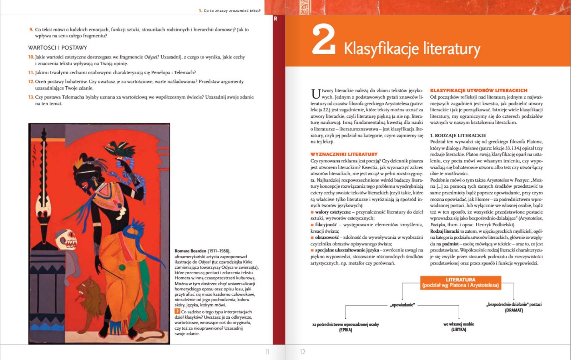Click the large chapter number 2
click(323, 40)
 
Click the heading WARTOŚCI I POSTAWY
click(57, 47)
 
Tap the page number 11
click(267, 352)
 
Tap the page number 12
click(303, 352)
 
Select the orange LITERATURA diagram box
click(460, 282)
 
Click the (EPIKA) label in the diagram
click(345, 330)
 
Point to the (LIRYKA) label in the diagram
click(459, 330)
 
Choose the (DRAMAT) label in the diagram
click(514, 310)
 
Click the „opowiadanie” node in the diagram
click(402, 305)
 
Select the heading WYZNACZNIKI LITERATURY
click(344, 154)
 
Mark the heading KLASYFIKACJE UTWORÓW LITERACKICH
click(478, 90)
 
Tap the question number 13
click(31, 97)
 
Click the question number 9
click(31, 30)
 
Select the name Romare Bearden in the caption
click(191, 251)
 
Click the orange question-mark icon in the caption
click(177, 311)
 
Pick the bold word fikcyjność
click(325, 224)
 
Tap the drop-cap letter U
click(315, 94)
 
